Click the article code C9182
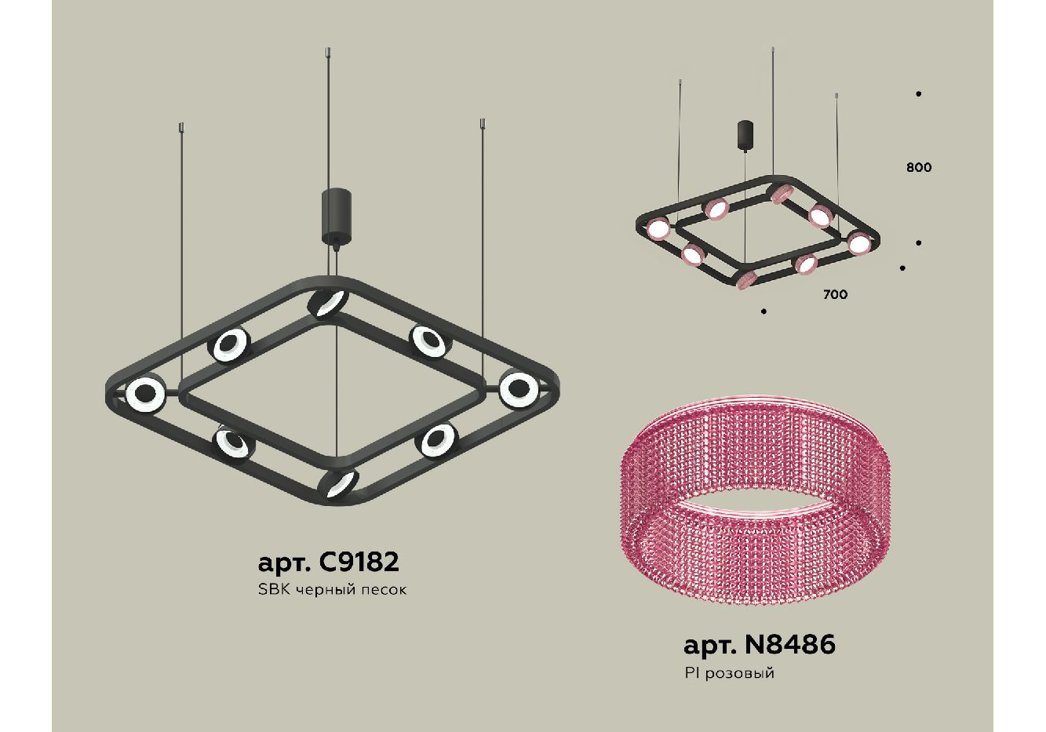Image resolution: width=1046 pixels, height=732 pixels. point(359,562)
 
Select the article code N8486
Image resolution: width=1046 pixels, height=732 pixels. point(790,645)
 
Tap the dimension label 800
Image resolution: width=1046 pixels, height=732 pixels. point(919,167)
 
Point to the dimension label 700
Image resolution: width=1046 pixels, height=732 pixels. point(835,294)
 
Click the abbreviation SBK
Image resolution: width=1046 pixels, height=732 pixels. point(275,589)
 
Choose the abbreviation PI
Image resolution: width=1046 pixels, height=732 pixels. point(693,672)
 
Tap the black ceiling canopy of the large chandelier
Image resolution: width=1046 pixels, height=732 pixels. point(336,215)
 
